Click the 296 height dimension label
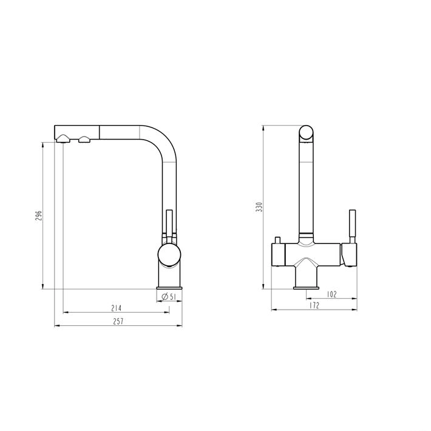38,216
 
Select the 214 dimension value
117,308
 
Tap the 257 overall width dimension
118,321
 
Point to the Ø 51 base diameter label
169,297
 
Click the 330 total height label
259,207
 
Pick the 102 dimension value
332,294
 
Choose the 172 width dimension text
314,305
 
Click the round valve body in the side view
169,255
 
